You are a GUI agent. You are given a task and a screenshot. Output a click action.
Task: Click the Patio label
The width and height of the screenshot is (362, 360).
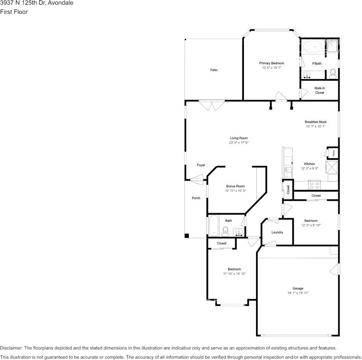[214, 70]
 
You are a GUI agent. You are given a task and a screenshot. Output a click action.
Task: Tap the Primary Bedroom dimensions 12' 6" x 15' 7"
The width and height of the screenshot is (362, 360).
[271, 68]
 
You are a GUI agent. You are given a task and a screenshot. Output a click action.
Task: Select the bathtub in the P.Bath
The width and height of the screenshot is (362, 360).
[312, 48]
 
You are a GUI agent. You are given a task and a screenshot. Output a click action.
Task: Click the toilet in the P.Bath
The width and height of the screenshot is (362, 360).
[332, 73]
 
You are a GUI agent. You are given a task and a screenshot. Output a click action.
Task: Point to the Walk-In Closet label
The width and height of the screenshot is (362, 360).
[319, 90]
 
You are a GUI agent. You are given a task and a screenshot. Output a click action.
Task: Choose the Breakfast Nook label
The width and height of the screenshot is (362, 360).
[316, 122]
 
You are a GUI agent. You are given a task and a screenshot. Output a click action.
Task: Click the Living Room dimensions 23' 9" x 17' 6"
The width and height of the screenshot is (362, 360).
[239, 143]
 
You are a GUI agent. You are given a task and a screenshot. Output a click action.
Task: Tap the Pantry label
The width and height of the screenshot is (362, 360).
[333, 153]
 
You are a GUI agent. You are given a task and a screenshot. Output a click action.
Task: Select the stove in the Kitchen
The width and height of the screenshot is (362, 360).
[314, 185]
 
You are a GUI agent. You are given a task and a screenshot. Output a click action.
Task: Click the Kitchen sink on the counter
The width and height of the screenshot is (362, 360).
[288, 170]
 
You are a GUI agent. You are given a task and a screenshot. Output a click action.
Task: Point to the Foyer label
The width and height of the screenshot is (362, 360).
[201, 165]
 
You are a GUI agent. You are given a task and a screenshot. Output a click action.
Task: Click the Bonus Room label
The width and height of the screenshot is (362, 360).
[235, 186]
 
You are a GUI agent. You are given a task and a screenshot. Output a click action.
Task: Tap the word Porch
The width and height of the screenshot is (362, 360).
[196, 198]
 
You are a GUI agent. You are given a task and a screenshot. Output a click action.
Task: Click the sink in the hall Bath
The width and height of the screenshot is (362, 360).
[239, 232]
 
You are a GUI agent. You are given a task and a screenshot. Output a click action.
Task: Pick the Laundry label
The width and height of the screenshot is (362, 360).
[277, 232]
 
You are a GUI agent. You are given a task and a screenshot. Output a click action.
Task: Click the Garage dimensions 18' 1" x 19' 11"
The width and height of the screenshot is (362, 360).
[298, 293]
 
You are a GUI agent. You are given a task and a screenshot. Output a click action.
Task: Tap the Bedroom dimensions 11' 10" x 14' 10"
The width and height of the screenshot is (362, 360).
[234, 274]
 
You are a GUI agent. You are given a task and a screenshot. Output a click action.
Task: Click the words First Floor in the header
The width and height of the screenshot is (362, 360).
[14, 12]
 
